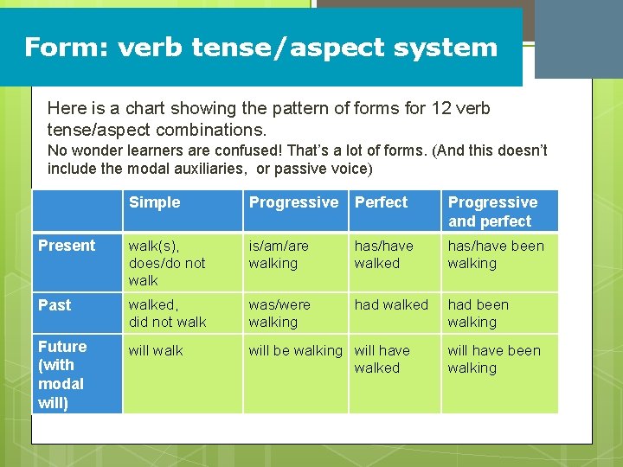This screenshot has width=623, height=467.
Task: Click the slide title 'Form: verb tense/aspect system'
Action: point(260,47)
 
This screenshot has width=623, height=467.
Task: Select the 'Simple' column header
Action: point(154,202)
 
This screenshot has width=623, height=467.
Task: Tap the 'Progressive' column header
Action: point(293,202)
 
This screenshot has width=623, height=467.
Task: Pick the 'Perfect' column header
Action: point(381,202)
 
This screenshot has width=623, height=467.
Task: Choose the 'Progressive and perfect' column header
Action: point(492,212)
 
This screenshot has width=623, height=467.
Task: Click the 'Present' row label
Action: point(67,246)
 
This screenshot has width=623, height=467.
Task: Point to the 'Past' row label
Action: point(55,305)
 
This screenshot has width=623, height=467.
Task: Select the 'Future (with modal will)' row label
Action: point(62,374)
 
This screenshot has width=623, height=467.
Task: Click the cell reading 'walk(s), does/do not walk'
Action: point(167,263)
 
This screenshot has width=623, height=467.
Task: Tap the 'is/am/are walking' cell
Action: point(279,254)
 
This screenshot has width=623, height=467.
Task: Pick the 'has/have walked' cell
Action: point(383,254)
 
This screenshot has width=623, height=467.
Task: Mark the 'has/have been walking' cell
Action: point(496,254)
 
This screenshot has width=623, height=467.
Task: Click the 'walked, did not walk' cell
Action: point(168,313)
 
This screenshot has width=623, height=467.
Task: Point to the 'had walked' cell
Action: point(391,305)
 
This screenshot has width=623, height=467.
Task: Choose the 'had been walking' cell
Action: point(478,313)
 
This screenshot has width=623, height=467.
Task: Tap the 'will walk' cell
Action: point(156,351)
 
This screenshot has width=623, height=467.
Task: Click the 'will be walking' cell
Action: point(295,351)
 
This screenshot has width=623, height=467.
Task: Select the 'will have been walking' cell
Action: point(493,359)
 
